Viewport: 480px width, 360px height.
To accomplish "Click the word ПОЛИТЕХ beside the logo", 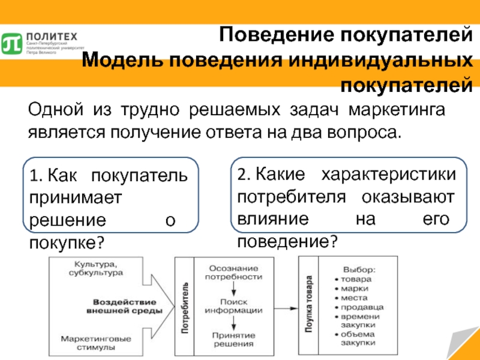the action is click(46, 36).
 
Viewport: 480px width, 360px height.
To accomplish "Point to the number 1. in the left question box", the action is click(35, 176).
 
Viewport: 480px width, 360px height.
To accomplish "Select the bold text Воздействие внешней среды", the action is click(124, 306).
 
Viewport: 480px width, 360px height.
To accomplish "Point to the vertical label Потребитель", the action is click(184, 307).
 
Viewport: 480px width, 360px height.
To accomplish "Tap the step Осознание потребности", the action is click(233, 272).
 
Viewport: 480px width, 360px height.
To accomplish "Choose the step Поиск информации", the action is click(233, 306).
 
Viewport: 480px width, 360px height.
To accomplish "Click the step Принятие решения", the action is click(233, 339).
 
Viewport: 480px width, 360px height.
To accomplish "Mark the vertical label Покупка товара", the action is click(308, 305).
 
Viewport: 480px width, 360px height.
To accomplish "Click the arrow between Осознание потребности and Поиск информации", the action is click(233, 289).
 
